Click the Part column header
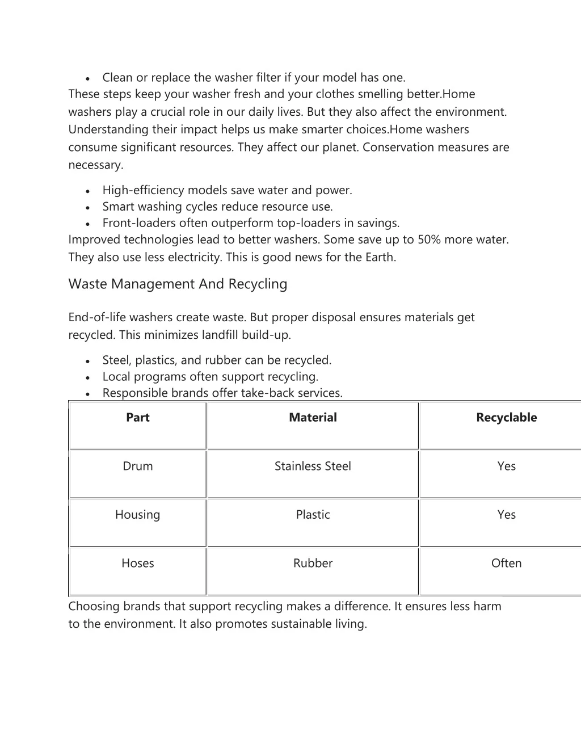coord(137,418)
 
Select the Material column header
coord(313,418)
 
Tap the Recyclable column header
coord(506,418)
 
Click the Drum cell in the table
coord(137,466)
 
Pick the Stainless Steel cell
coord(313,466)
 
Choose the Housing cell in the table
coord(137,515)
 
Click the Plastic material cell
coord(313,515)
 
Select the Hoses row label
coord(137,563)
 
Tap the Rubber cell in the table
coord(313,563)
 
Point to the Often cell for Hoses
coord(506,563)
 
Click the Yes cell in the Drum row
coord(506,466)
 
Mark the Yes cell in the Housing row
coord(506,515)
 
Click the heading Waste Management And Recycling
coord(178,284)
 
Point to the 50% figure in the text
coord(429,240)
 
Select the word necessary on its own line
coord(95,165)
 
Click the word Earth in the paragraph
coord(380,257)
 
